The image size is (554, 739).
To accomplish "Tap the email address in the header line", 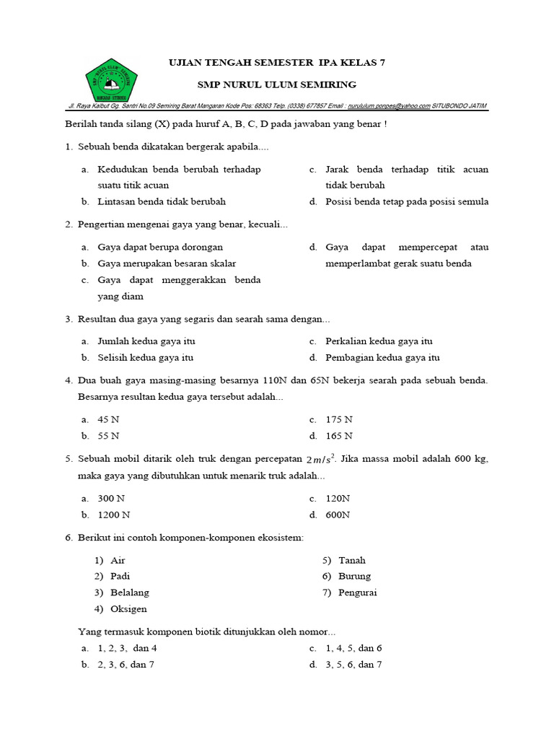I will (388, 105).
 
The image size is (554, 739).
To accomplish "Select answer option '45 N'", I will (108, 419).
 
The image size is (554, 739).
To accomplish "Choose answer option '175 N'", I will (338, 419).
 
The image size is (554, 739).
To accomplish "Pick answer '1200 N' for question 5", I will (114, 515).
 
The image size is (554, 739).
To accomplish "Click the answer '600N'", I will (338, 515).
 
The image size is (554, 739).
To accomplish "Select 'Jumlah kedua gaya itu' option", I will (146, 341).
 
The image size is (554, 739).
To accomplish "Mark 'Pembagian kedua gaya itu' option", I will (382, 357).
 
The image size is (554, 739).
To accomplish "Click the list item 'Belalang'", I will (130, 592).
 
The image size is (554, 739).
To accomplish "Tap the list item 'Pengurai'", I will (358, 592).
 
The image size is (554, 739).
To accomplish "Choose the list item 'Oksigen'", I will (128, 609).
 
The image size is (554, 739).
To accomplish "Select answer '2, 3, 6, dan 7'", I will (126, 665).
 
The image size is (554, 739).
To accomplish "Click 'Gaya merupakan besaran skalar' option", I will (167, 263).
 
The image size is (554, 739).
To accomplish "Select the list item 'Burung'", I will (355, 576).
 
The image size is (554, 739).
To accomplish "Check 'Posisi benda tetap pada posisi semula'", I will (407, 201).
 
